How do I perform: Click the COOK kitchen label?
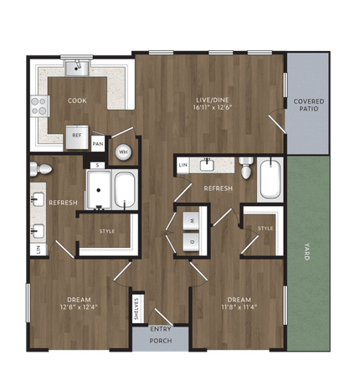click(77, 100)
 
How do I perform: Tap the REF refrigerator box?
click(77, 137)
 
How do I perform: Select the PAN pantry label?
click(98, 144)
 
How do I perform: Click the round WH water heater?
click(123, 152)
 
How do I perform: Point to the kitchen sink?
click(77, 68)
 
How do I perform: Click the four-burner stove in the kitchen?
click(39, 106)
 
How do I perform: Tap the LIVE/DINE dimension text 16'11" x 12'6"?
click(213, 107)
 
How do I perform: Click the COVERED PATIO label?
click(309, 105)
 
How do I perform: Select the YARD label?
click(307, 252)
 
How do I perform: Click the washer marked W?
click(191, 221)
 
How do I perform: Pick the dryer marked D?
click(191, 242)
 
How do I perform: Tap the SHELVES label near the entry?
click(136, 308)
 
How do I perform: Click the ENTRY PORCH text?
click(161, 335)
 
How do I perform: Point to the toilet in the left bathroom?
click(41, 169)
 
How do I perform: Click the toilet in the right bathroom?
click(247, 167)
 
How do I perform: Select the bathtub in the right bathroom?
click(270, 179)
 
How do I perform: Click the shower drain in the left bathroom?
click(99, 190)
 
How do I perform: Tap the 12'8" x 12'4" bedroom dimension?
click(79, 307)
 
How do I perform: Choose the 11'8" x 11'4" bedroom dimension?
click(239, 307)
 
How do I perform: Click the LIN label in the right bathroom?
click(183, 165)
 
